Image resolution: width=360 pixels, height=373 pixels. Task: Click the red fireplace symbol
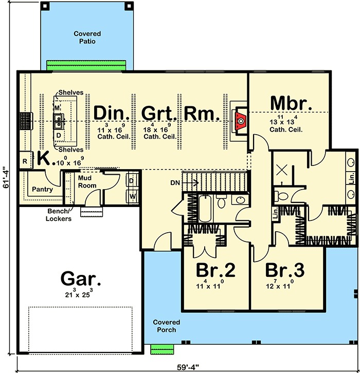pos(241,121)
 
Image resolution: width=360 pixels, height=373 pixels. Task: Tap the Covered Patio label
pos(87,38)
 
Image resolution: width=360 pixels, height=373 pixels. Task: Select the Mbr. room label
pos(291,103)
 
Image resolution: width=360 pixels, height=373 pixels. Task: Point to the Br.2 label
pos(215,270)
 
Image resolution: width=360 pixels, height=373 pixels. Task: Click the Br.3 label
pos(285,270)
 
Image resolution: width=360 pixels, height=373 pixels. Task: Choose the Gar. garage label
pos(81,278)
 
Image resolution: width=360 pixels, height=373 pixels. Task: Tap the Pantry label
pos(42,190)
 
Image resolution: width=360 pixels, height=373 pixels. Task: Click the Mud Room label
pos(87,182)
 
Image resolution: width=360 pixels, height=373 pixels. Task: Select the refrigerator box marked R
pos(25,161)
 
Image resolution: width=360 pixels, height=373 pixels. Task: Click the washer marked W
pos(132,196)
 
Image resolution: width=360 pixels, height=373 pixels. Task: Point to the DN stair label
pos(175,183)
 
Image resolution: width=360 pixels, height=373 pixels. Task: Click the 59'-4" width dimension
pos(188,367)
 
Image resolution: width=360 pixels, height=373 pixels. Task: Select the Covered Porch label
pos(167,326)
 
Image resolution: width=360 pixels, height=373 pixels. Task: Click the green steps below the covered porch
pos(162,349)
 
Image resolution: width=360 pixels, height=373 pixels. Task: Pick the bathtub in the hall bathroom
pos(205,209)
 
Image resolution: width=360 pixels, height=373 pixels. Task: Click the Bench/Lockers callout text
pos(59,215)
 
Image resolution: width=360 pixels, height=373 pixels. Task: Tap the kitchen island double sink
pos(58,121)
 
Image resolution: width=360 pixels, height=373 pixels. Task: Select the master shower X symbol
pos(282,170)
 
